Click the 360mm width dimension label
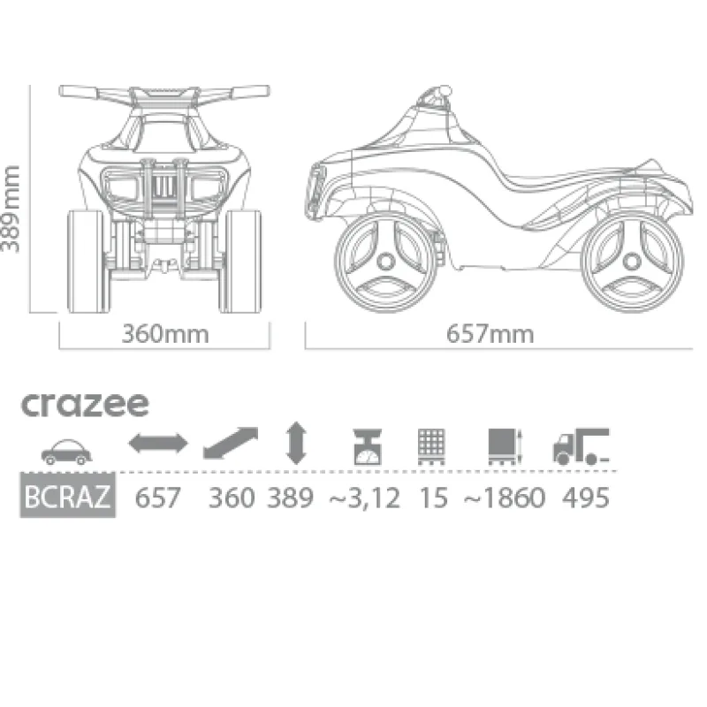pyautogui.click(x=165, y=334)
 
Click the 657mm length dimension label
pyautogui.click(x=490, y=334)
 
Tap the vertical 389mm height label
pyautogui.click(x=11, y=209)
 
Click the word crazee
pyautogui.click(x=85, y=404)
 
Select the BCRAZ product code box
pyautogui.click(x=68, y=495)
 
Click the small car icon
pyautogui.click(x=66, y=452)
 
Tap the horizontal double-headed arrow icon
pyautogui.click(x=158, y=443)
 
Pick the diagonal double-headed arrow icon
pyautogui.click(x=231, y=444)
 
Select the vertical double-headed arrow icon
pyautogui.click(x=296, y=443)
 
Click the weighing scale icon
pyautogui.click(x=368, y=446)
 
